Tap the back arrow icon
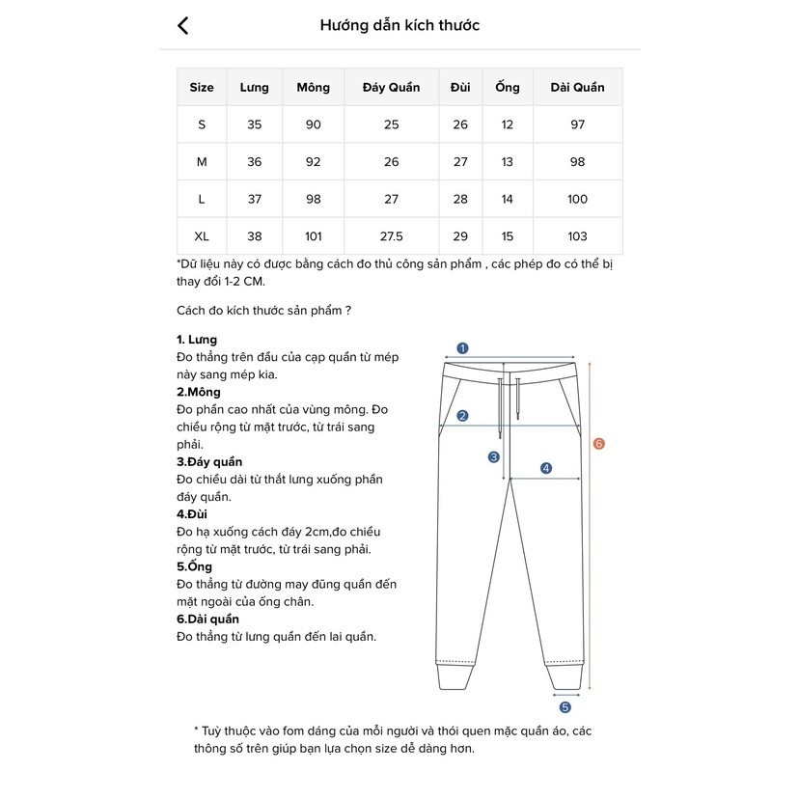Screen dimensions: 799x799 (x=183, y=26)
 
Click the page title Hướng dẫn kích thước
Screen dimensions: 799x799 (x=399, y=26)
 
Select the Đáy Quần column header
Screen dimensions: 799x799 (x=391, y=88)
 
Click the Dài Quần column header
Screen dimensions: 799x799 (x=577, y=88)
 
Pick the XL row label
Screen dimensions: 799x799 (x=202, y=236)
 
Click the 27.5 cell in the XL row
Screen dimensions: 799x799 (x=391, y=236)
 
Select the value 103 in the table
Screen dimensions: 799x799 (x=577, y=236)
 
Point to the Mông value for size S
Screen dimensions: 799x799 (x=313, y=125)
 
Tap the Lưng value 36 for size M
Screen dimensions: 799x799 (x=255, y=162)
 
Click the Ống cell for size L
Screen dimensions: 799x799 (x=508, y=200)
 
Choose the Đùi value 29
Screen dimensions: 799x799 (x=460, y=236)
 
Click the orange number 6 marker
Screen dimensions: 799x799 (x=599, y=444)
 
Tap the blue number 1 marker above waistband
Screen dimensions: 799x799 (x=462, y=348)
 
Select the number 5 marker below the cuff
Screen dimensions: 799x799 (x=565, y=707)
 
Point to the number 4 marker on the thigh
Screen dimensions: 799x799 (x=546, y=469)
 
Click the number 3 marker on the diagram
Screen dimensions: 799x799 (x=493, y=457)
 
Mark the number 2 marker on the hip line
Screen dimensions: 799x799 (x=462, y=416)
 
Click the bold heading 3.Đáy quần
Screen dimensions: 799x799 (x=209, y=462)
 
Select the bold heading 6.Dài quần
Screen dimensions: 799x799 (x=208, y=619)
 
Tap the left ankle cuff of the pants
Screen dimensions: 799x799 (x=457, y=676)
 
